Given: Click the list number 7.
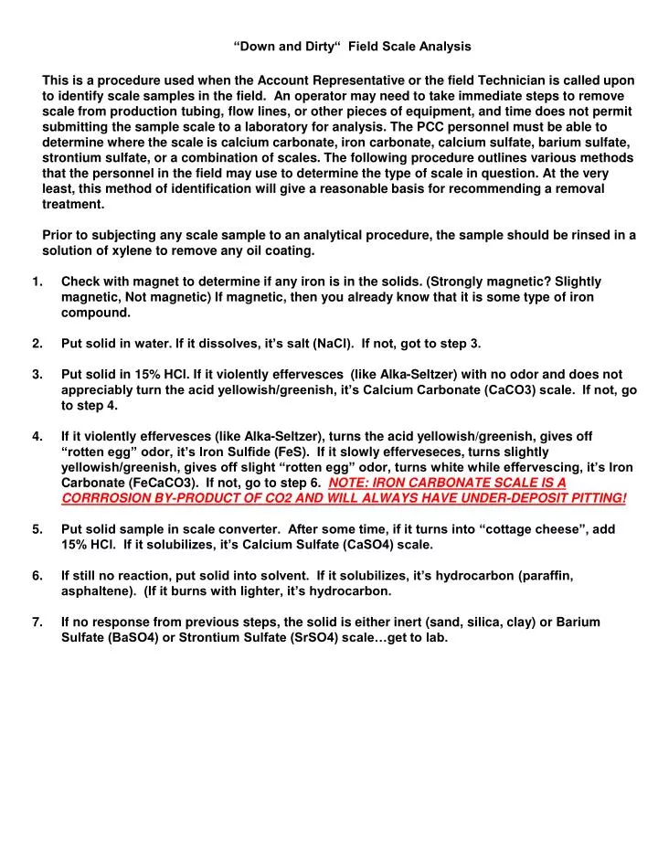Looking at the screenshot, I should (x=37, y=622).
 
